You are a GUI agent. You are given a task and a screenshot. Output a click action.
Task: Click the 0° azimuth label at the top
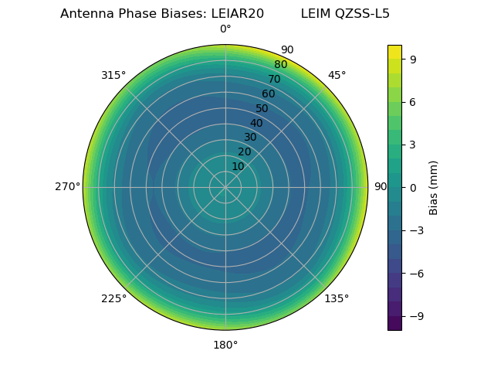pyautogui.click(x=225, y=29)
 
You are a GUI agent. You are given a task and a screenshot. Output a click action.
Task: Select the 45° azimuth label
pyautogui.click(x=337, y=75)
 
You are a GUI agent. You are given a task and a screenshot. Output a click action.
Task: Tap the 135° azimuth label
pyautogui.click(x=337, y=298)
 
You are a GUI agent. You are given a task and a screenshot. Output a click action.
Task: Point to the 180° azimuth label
pyautogui.click(x=225, y=345)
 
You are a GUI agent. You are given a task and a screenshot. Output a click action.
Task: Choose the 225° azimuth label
pyautogui.click(x=113, y=298)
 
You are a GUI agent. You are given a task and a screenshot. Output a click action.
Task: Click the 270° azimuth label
pyautogui.click(x=67, y=186)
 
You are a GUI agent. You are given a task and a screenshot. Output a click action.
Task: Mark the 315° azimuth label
pyautogui.click(x=113, y=75)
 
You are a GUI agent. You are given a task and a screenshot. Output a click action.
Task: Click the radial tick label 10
pyautogui.click(x=238, y=166)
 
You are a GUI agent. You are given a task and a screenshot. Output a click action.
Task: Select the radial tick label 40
pyautogui.click(x=256, y=123)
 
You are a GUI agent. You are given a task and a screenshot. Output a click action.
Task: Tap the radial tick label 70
pyautogui.click(x=274, y=79)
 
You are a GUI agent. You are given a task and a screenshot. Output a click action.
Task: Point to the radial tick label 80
pyautogui.click(x=280, y=64)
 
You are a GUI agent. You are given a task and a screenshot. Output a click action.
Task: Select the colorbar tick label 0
pyautogui.click(x=414, y=187)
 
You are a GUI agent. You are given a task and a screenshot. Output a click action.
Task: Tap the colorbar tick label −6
pyautogui.click(x=415, y=273)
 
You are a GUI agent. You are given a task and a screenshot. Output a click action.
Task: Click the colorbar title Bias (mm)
pyautogui.click(x=434, y=187)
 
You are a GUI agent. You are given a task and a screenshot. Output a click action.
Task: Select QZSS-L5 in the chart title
pyautogui.click(x=362, y=13)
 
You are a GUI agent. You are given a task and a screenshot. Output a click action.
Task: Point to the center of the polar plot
pyautogui.click(x=225, y=187)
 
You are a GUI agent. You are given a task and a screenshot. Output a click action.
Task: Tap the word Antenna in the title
pyautogui.click(x=83, y=13)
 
